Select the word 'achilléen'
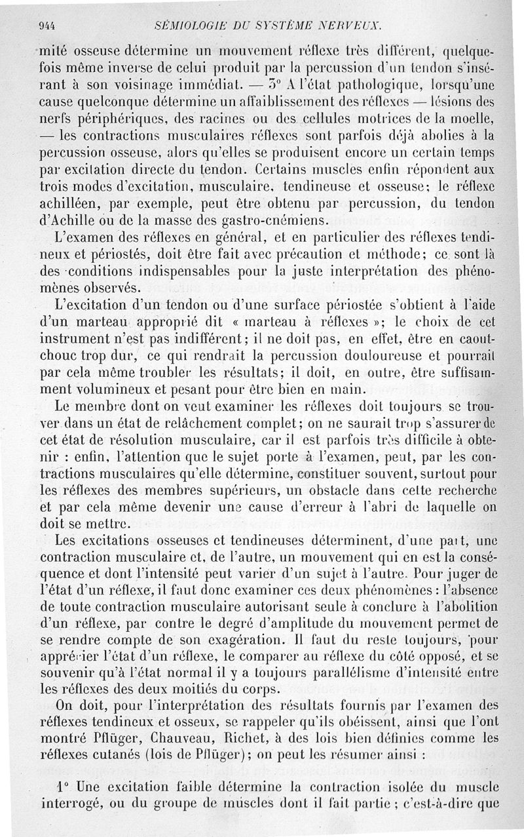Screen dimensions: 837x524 [x=69, y=200]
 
